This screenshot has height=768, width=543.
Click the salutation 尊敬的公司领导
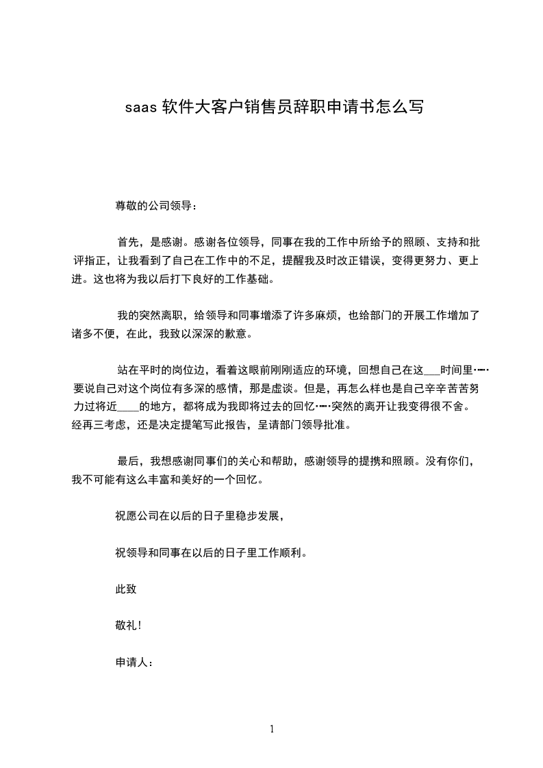[155, 205]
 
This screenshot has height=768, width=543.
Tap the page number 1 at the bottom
[272, 729]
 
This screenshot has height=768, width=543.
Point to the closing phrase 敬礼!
[129, 626]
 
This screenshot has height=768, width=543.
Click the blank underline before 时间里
[432, 370]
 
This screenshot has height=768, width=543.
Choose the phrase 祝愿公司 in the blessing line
[138, 515]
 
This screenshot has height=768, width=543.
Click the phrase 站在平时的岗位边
[162, 370]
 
